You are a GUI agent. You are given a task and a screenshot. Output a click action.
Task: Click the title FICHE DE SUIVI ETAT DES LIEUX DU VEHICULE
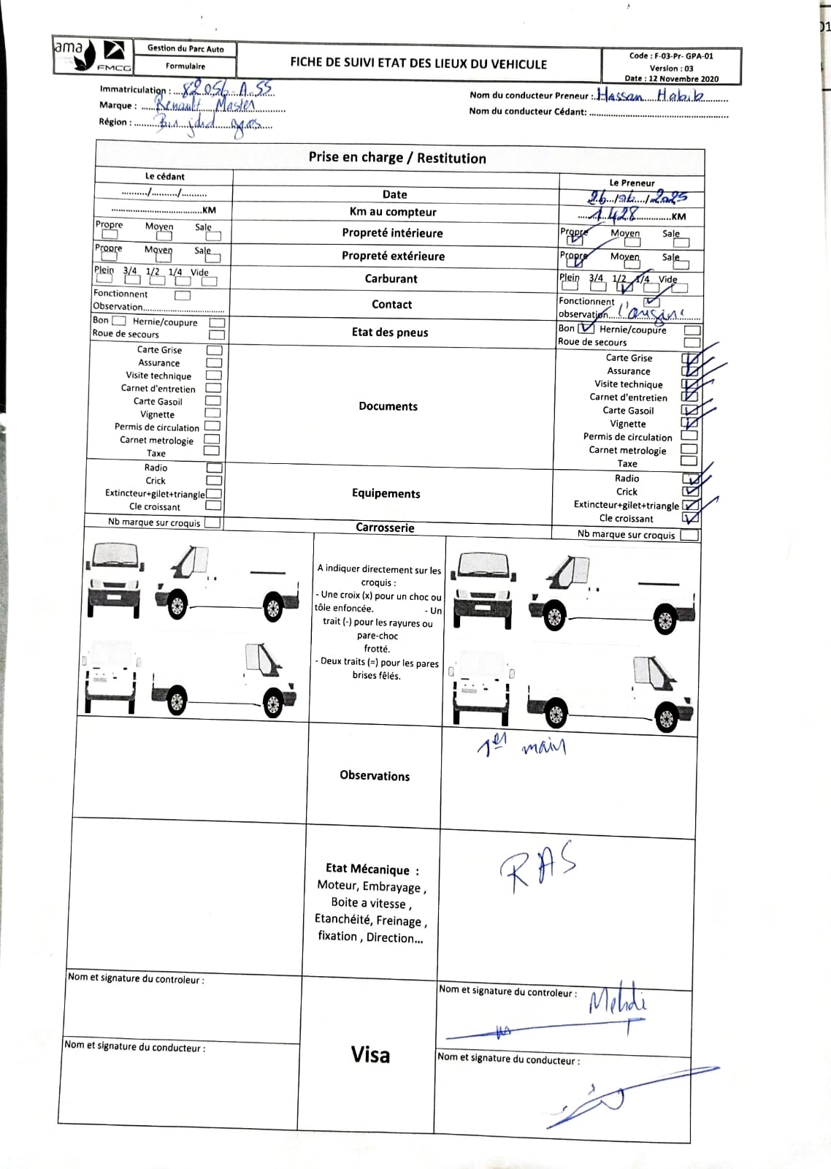coord(418,64)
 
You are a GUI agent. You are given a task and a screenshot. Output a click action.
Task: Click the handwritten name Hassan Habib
coord(650,95)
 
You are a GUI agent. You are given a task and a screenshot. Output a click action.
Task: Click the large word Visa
coord(370,1054)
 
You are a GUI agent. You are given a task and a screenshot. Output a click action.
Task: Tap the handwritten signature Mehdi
coord(617,1001)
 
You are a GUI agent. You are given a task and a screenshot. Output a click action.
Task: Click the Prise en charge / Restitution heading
coord(397,158)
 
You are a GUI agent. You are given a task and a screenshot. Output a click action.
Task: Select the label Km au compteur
coord(393,212)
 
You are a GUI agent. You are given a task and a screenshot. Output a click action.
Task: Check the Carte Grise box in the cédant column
coord(214,350)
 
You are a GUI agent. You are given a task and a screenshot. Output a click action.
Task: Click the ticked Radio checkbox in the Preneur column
coord(690,479)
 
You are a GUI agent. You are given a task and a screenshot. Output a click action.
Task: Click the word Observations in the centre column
coord(375,776)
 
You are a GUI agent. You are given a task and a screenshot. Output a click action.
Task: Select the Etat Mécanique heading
coord(372,869)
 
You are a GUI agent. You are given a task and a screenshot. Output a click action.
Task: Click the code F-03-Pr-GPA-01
coord(671,56)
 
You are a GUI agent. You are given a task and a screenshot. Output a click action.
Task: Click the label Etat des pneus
coord(390,332)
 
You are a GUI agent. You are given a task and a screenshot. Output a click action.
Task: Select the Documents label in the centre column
coord(388,406)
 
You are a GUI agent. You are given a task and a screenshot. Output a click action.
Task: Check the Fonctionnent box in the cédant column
coord(183,295)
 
